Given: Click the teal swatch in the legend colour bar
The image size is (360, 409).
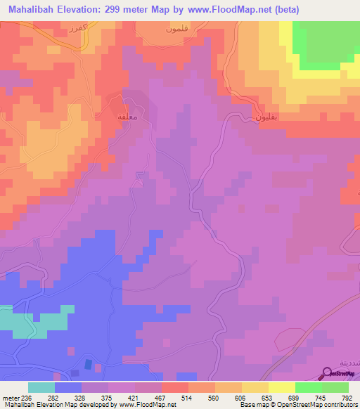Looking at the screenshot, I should point(41,387).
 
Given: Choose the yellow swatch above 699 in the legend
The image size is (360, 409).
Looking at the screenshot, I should point(282,387).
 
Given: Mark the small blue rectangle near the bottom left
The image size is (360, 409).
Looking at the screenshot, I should point(87,365).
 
